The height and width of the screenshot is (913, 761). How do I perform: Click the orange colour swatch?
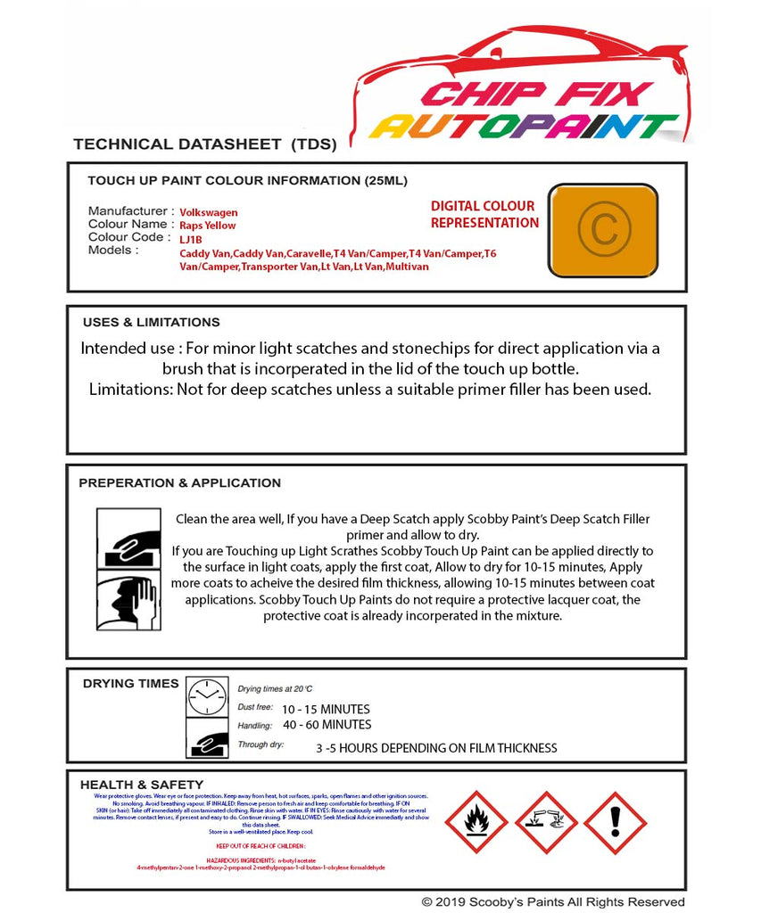tap(602, 230)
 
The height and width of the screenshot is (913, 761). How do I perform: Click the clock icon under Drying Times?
tap(207, 696)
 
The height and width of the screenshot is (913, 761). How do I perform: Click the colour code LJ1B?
tap(191, 239)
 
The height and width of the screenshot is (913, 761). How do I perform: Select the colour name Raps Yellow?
tap(208, 226)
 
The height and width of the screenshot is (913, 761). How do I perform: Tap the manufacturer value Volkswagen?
tap(209, 212)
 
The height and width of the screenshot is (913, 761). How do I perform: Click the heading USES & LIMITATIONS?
tap(151, 323)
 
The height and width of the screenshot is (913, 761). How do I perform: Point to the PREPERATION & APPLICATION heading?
tap(179, 483)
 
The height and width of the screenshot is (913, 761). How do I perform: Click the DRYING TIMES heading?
tap(130, 684)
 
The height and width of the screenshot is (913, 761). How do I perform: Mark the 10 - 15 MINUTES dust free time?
tap(326, 710)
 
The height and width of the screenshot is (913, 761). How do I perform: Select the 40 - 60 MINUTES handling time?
tap(327, 725)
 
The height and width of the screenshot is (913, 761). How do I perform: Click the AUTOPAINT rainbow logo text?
tap(525, 127)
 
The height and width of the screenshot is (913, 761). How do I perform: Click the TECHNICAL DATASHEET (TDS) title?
tap(204, 144)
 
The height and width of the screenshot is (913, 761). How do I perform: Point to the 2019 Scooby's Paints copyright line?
tap(553, 902)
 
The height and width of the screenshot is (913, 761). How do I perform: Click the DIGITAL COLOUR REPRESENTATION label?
tap(484, 215)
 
